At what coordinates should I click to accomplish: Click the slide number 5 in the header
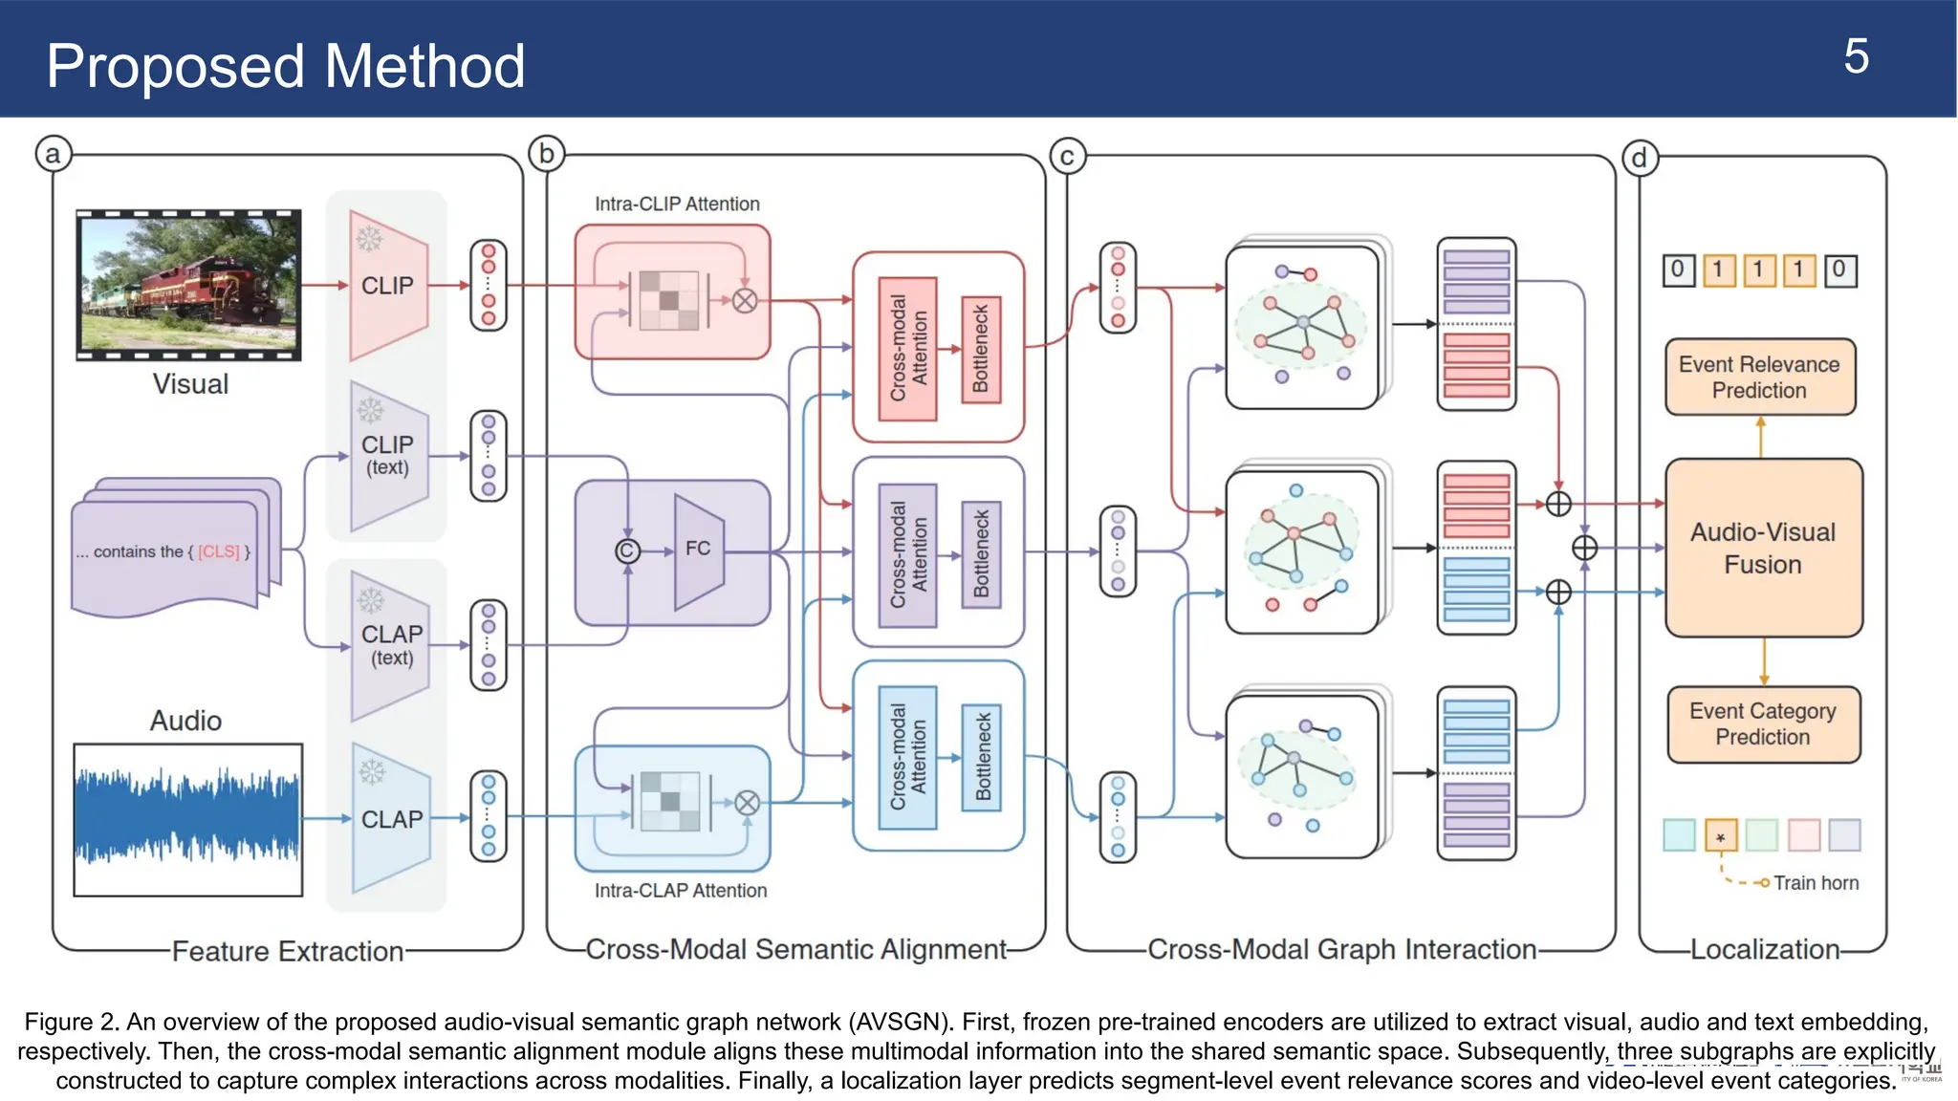[x=1855, y=57]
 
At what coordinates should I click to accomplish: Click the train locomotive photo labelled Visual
[x=188, y=285]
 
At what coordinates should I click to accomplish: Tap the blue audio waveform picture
[x=188, y=819]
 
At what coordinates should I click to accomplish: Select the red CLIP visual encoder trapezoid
[x=387, y=285]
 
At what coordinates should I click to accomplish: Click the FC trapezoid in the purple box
[x=698, y=550]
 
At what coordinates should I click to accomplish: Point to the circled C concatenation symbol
[x=627, y=550]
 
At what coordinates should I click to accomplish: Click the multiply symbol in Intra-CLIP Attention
[x=745, y=300]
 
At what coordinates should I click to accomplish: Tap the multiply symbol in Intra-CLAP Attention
[x=747, y=803]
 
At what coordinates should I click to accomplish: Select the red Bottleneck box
[x=980, y=349]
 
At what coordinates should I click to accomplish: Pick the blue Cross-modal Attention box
[x=907, y=757]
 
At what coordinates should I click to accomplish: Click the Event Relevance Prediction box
[x=1759, y=378]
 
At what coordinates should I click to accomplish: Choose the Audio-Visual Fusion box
[x=1763, y=548]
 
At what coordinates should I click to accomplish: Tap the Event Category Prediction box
[x=1763, y=724]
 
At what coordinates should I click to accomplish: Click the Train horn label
[x=1816, y=883]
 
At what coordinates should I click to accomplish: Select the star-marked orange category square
[x=1720, y=836]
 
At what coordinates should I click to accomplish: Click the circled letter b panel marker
[x=547, y=153]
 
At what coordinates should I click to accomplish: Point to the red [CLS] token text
[x=219, y=551]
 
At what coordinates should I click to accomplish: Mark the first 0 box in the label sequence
[x=1678, y=270]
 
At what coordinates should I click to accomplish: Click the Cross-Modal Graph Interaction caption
[x=1341, y=949]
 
